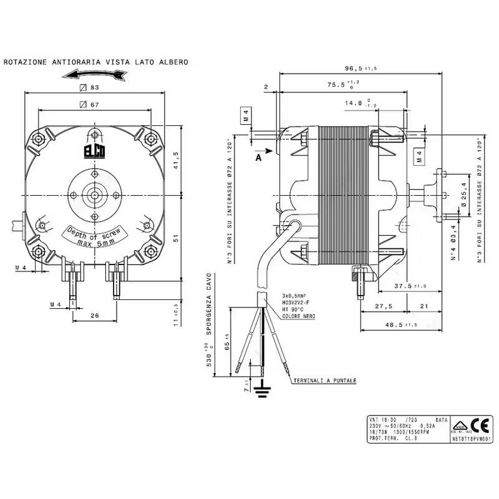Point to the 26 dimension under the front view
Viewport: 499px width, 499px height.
coord(95,316)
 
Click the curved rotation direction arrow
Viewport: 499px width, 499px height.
coord(94,75)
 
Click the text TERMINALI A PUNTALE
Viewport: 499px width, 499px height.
coord(324,380)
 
